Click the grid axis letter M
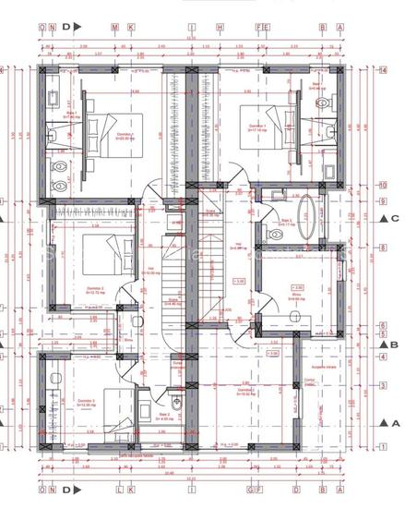113,28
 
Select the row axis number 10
381,185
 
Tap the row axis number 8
381,248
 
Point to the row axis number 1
381,446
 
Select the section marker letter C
394,218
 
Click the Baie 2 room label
161,417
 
